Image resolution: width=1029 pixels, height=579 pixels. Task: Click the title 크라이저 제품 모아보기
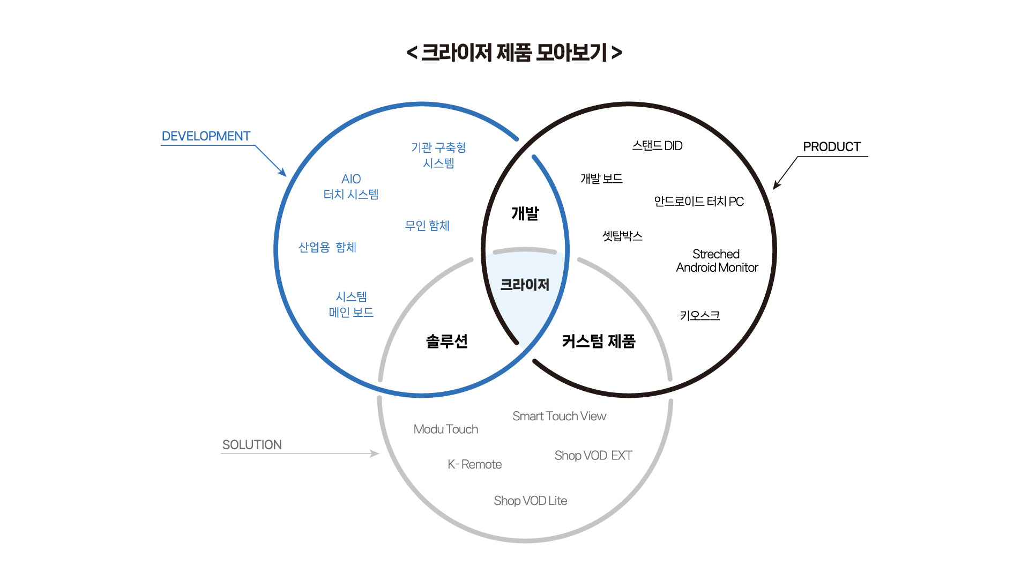click(514, 53)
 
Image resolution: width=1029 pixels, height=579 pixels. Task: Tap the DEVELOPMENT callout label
click(206, 136)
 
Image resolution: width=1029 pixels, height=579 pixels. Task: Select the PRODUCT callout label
click(831, 147)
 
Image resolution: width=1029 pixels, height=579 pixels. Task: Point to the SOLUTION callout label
click(252, 445)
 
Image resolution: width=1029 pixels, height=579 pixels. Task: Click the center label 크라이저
click(525, 285)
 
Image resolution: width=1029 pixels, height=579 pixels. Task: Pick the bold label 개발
click(525, 213)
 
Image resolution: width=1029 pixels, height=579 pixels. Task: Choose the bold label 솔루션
click(446, 341)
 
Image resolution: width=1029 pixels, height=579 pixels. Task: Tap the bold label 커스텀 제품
click(598, 341)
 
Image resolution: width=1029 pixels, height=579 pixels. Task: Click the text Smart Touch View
click(559, 416)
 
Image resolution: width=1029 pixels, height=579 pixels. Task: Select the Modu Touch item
click(445, 429)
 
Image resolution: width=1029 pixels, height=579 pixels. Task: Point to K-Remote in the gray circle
click(474, 464)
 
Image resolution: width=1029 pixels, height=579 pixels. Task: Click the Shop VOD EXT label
click(593, 456)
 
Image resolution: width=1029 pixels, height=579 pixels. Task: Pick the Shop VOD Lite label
click(530, 501)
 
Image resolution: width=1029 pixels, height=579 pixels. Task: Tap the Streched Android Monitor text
click(717, 261)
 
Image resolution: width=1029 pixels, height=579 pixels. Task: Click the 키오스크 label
click(699, 315)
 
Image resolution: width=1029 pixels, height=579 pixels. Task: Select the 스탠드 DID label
click(657, 146)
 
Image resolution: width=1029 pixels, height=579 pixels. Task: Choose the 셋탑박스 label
click(622, 236)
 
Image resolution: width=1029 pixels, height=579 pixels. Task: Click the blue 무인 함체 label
click(427, 226)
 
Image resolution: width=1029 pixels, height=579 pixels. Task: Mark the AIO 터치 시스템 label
click(351, 187)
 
